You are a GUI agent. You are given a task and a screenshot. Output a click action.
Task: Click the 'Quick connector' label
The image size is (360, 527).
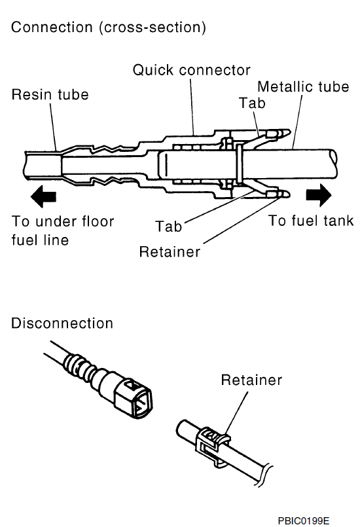click(191, 70)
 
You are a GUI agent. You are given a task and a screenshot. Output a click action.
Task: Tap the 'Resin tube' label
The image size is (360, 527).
click(50, 94)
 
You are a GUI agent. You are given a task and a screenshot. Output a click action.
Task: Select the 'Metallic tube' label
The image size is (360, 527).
click(303, 86)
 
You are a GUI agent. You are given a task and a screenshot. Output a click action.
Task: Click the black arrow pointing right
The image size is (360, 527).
click(319, 195)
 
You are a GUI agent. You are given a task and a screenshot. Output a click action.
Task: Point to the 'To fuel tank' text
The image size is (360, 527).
click(311, 221)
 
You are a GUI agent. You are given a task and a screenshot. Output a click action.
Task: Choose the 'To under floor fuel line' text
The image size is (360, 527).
click(63, 230)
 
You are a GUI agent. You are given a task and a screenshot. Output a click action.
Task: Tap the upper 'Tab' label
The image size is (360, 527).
click(252, 103)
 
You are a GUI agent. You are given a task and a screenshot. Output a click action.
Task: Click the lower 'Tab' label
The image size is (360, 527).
click(169, 227)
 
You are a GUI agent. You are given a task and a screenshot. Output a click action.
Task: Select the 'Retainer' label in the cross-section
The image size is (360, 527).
click(170, 252)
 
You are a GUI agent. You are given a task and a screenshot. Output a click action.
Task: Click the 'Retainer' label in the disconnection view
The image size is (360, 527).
click(251, 380)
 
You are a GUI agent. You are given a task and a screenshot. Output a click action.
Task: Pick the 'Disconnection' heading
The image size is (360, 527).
click(62, 323)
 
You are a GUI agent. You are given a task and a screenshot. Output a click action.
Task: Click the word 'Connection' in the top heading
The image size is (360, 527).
click(52, 27)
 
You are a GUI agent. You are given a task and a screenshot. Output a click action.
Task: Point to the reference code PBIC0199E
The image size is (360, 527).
click(304, 520)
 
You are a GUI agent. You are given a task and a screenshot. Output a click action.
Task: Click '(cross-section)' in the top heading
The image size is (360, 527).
click(153, 27)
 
